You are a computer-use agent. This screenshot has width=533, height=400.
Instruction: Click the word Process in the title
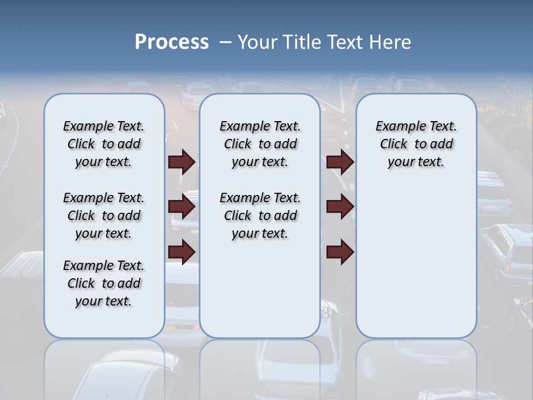tap(172, 42)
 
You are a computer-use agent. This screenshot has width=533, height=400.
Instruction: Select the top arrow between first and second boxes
tap(182, 162)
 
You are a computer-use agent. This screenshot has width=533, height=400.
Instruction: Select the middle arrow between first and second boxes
tap(182, 207)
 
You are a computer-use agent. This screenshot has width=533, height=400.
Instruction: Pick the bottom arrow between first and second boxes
tap(182, 252)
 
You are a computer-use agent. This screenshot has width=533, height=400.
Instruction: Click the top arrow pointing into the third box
tap(340, 162)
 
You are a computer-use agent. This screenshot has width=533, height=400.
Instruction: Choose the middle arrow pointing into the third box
tap(340, 207)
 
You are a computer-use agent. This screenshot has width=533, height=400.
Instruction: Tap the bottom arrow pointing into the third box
tap(340, 252)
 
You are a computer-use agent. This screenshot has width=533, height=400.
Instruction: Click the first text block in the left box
tap(104, 144)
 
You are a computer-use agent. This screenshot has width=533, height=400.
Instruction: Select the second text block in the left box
tap(104, 216)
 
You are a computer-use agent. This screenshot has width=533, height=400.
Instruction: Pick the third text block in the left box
tap(104, 283)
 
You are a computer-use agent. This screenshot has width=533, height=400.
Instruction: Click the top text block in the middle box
tap(260, 144)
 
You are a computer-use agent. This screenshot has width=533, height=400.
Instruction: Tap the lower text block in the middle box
tap(260, 216)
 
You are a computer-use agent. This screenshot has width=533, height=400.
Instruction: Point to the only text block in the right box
tap(416, 144)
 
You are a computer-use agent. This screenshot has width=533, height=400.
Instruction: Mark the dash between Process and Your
tap(225, 42)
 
